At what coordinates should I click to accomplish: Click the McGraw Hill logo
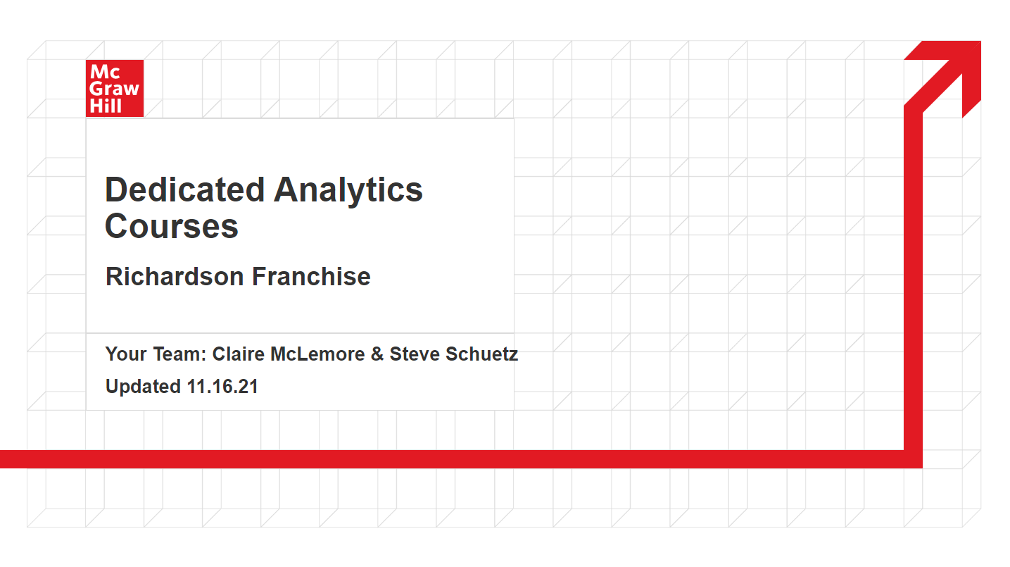click(x=115, y=89)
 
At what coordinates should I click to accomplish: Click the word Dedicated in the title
click(x=185, y=190)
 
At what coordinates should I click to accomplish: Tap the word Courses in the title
click(x=171, y=226)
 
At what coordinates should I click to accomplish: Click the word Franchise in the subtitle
click(x=311, y=277)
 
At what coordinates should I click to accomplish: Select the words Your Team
click(x=156, y=354)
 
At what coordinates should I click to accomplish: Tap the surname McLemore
click(x=317, y=354)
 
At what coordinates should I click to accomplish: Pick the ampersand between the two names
click(x=377, y=354)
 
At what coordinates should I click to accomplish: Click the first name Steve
click(x=415, y=354)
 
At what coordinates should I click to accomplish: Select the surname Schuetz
click(x=481, y=354)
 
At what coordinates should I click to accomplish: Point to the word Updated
click(x=143, y=387)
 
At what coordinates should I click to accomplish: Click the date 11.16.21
click(x=222, y=387)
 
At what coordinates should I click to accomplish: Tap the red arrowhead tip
click(x=980, y=42)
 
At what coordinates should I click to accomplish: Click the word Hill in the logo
click(x=106, y=106)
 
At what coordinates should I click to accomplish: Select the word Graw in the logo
click(x=114, y=89)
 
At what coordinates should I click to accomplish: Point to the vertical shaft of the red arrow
click(x=913, y=279)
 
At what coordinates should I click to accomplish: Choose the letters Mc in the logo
click(x=105, y=72)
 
